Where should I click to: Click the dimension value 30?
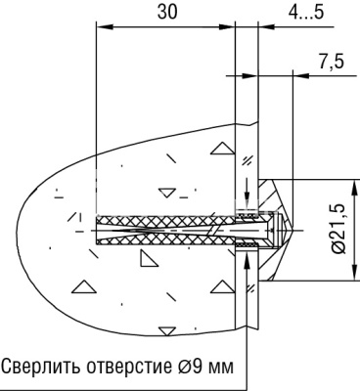[x=165, y=13]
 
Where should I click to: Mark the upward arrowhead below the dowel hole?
[x=245, y=257]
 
